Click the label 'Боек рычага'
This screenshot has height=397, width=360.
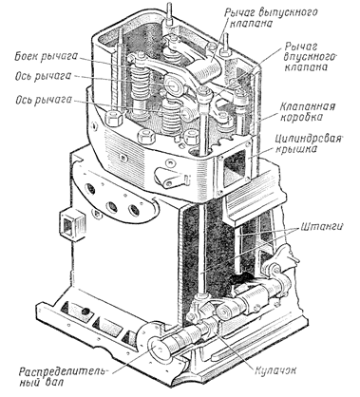coord(46,57)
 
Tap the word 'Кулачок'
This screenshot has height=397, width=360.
coord(275,370)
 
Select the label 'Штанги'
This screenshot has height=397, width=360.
coord(322,227)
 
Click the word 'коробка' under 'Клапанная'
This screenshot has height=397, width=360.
coord(301,117)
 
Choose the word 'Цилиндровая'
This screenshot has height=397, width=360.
coord(309,139)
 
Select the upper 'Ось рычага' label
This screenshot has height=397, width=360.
coord(44,77)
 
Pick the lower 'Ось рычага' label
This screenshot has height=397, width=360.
coord(44,101)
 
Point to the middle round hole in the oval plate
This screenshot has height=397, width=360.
coord(112,207)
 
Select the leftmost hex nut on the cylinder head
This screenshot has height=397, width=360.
coord(115,120)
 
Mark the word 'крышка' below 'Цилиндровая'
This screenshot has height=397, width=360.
coord(297,150)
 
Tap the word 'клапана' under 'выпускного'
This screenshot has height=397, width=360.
coord(252,25)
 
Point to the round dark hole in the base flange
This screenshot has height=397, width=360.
coord(85,312)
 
